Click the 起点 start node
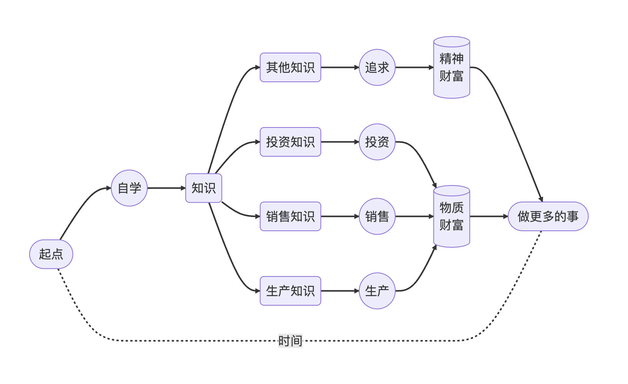(51, 254)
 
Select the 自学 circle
(129, 188)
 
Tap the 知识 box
(203, 188)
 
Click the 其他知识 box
(290, 68)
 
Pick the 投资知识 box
(290, 142)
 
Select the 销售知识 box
(290, 217)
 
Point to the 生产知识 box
(290, 291)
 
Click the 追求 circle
(377, 68)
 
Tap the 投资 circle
(377, 142)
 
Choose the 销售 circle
(377, 217)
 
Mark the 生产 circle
(377, 291)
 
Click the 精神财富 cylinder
(451, 68)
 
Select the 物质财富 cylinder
(451, 217)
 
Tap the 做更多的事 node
(548, 217)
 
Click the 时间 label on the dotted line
(290, 341)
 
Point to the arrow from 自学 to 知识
(166, 188)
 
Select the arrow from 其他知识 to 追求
(340, 68)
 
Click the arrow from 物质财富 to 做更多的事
(489, 217)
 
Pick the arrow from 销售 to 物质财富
(414, 217)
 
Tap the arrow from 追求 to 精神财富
(414, 68)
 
